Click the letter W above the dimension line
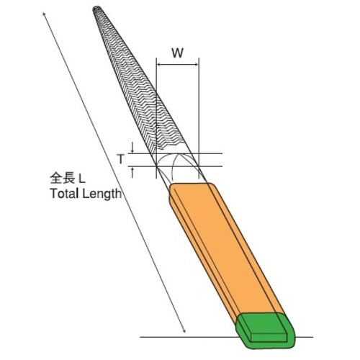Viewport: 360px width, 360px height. point(177,53)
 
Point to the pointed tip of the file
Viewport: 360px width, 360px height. point(97,10)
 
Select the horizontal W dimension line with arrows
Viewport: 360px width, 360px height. point(177,66)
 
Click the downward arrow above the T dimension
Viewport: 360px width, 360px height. point(134,148)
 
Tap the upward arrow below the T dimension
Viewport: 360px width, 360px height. point(134,171)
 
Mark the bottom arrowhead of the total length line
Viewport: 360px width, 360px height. point(184,332)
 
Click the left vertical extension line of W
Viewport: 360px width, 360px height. point(156,108)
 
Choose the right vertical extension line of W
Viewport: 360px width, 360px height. point(198,108)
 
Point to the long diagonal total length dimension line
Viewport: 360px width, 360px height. point(115,173)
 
